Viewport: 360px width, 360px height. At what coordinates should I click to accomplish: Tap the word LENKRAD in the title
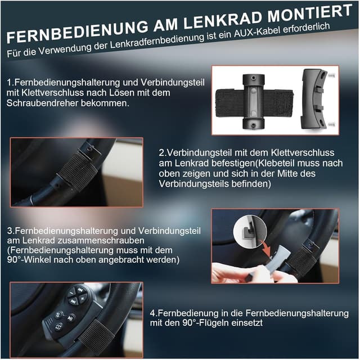(x=214, y=23)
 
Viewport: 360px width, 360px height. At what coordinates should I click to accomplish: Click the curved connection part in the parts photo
(x=312, y=99)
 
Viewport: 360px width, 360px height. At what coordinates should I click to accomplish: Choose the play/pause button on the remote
(x=71, y=317)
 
